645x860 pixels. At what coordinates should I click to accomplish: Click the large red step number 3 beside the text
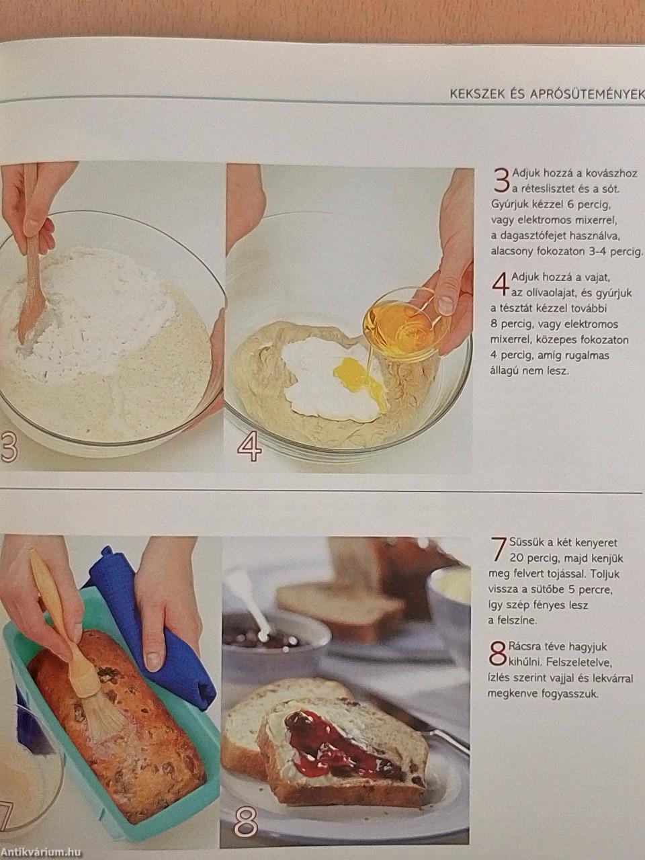click(501, 181)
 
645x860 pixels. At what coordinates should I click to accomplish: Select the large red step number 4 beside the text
click(500, 286)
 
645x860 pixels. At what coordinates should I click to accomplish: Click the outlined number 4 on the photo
click(249, 447)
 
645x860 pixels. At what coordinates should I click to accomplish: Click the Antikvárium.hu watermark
click(41, 852)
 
